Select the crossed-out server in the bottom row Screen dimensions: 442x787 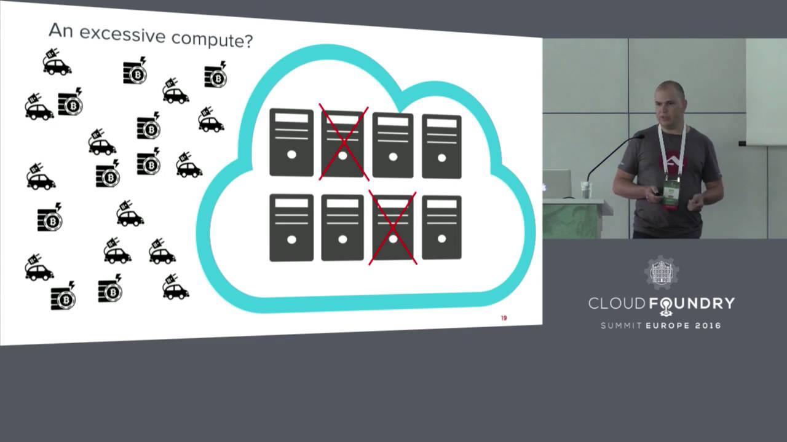(393, 227)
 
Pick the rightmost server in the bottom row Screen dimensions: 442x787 (441, 227)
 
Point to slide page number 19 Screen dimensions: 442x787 (504, 318)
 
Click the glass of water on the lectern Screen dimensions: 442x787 (585, 190)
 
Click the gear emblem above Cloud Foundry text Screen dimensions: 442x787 (661, 273)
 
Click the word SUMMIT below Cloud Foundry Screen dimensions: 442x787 (621, 325)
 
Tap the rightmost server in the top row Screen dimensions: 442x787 (441, 146)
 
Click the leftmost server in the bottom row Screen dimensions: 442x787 (291, 227)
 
